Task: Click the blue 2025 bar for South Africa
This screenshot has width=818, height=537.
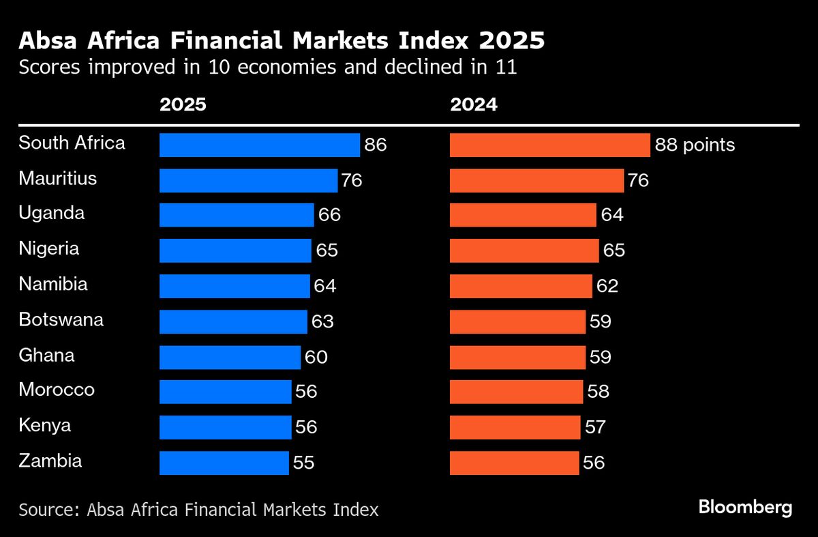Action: (x=259, y=145)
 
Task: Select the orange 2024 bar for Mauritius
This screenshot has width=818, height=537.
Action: (x=536, y=181)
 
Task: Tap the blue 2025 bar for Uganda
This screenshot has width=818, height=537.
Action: (x=237, y=215)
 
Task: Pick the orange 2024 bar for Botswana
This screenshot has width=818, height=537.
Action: (x=517, y=321)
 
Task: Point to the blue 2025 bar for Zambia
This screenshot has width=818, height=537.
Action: (x=224, y=463)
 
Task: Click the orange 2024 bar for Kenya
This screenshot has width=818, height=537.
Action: (x=515, y=427)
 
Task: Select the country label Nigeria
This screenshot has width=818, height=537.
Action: (x=49, y=249)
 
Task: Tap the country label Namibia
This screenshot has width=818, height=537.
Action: (x=53, y=285)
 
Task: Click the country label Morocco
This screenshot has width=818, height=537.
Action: (x=57, y=390)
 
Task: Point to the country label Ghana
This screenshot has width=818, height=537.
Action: (x=46, y=355)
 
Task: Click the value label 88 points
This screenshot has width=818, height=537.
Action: (x=695, y=145)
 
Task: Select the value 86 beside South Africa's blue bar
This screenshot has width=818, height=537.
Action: (x=376, y=145)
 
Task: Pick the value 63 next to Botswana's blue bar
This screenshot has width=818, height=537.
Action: (x=323, y=321)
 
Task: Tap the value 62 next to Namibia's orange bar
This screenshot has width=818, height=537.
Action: (x=607, y=286)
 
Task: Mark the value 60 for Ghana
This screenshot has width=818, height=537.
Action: (x=316, y=356)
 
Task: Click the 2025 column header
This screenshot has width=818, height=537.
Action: (x=183, y=106)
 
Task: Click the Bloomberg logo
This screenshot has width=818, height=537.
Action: (x=745, y=508)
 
